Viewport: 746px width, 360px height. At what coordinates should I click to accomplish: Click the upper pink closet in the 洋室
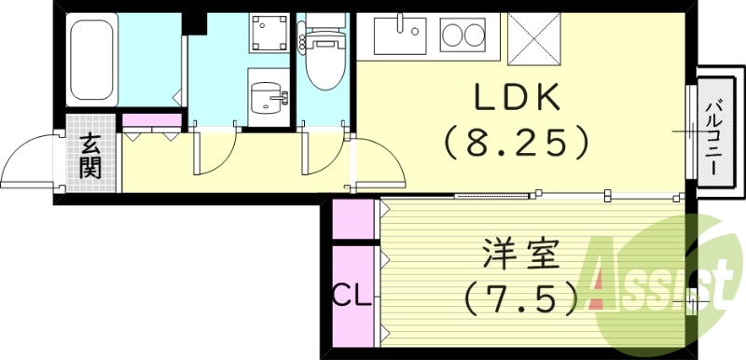pyautogui.click(x=352, y=219)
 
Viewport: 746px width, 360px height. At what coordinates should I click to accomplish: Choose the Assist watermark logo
pyautogui.click(x=667, y=280)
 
